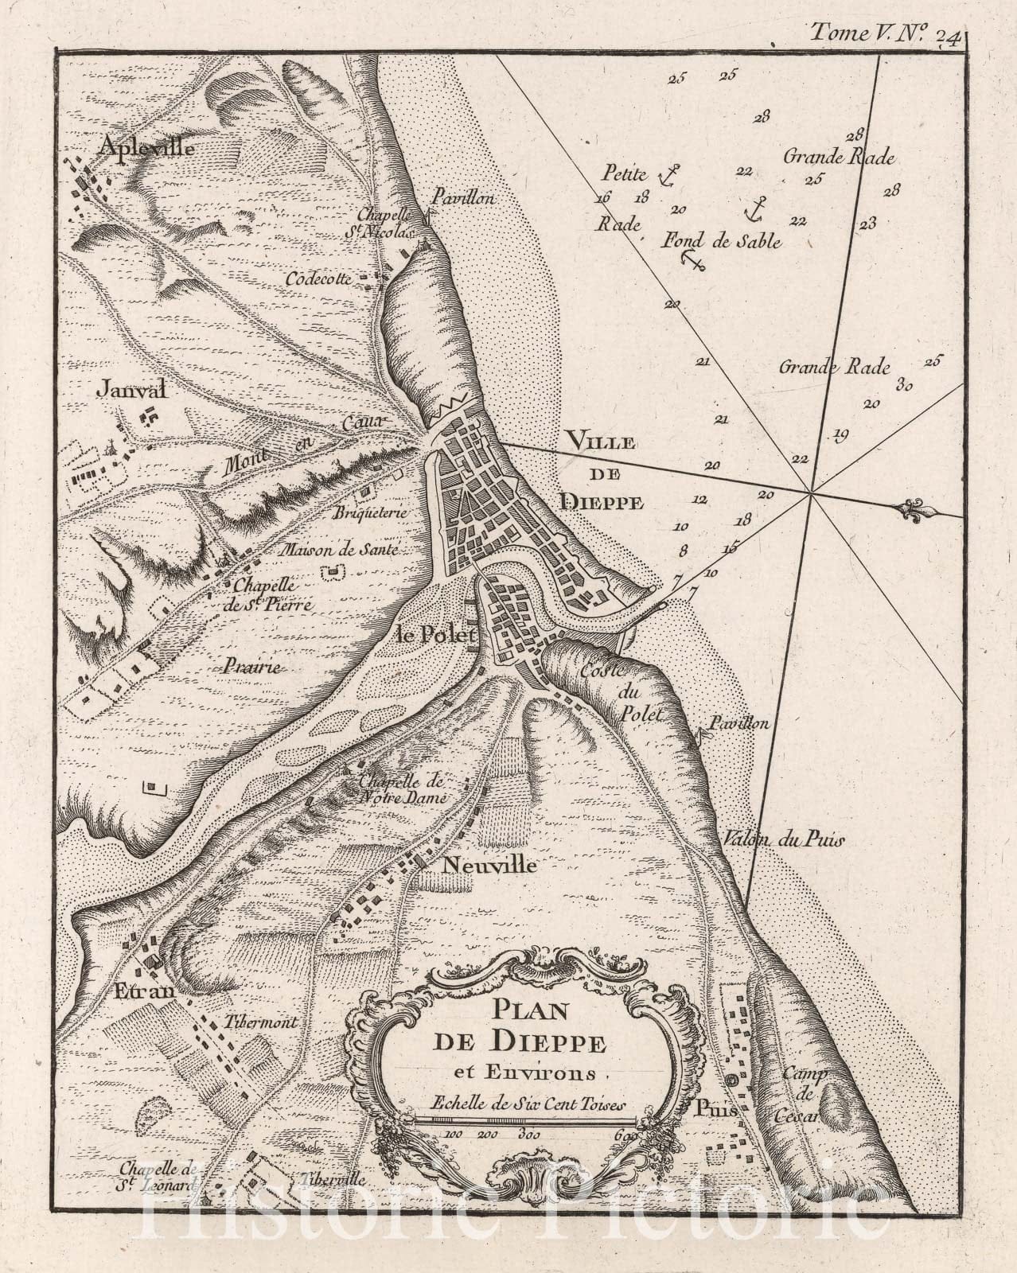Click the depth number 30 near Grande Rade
point(903,387)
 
